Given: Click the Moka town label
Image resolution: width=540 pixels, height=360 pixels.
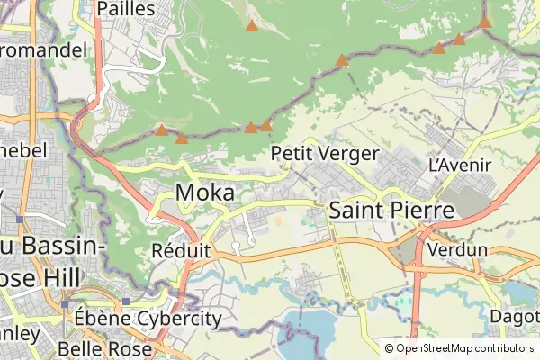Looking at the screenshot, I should (x=205, y=193).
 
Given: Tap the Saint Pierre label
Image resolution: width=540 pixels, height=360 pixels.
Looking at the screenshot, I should (x=391, y=210).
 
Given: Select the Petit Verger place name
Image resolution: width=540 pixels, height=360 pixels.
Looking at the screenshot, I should (x=324, y=154).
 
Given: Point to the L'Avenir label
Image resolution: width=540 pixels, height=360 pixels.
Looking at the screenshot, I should (x=460, y=165).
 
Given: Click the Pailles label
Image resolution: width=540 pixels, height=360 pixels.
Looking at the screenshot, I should (x=125, y=9).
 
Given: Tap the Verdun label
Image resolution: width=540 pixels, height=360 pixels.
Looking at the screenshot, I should (x=457, y=248).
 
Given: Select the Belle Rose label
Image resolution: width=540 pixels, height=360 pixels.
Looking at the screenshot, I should (x=100, y=348).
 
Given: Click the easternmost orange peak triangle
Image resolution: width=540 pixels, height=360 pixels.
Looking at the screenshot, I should (x=484, y=22).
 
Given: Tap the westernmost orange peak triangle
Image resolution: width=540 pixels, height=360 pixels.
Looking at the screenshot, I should (x=161, y=130).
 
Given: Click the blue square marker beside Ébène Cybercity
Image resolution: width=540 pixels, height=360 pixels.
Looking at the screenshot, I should (x=126, y=301).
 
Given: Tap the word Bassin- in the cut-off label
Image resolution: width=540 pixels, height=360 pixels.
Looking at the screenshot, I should (x=53, y=245).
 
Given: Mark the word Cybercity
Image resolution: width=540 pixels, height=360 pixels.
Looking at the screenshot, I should (x=179, y=319).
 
